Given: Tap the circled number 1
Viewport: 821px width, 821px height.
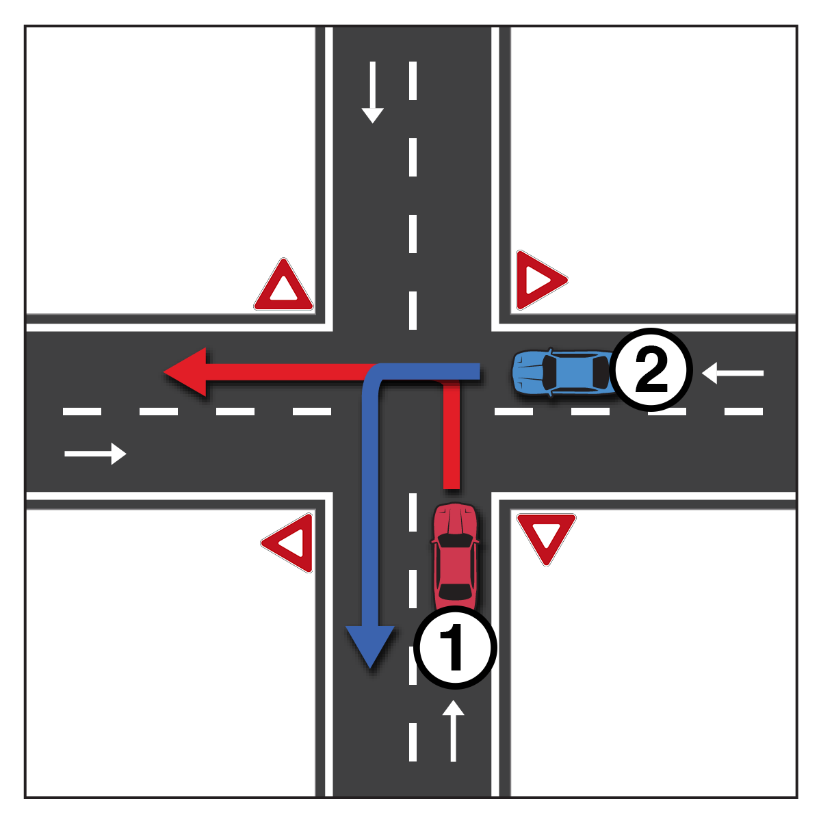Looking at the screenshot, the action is coord(454,647).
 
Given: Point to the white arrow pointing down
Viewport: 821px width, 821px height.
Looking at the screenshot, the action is coord(372,92).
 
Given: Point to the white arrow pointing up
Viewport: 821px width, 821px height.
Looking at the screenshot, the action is coord(453,731).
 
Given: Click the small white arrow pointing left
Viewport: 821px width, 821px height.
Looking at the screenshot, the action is coord(732,373).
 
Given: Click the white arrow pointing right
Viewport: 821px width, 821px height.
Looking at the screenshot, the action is coord(96,453).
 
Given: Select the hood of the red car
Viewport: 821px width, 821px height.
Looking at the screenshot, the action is coord(454,520).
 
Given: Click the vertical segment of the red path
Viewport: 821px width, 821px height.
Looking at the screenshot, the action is coord(451,438).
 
